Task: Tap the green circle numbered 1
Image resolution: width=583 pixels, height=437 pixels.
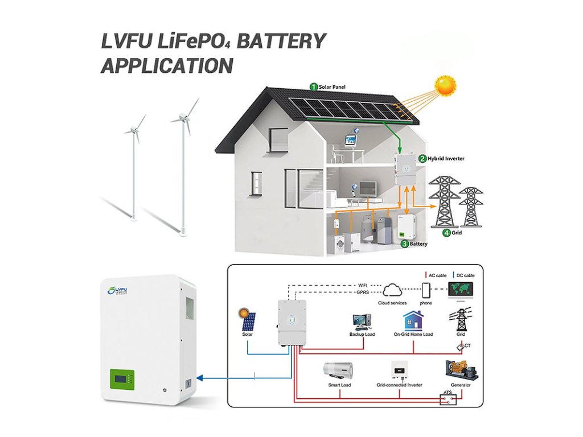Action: [x=313, y=86]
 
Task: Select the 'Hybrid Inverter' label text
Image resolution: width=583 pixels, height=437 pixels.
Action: [x=445, y=158]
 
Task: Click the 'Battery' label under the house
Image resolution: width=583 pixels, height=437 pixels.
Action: [x=418, y=244]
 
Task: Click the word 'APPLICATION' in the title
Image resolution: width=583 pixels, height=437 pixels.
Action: [x=167, y=66]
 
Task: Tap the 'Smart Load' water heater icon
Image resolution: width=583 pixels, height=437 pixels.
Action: [x=338, y=371]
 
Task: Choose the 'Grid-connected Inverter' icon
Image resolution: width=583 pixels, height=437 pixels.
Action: [x=399, y=370]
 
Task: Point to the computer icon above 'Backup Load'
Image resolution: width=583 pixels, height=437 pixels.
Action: [x=362, y=322]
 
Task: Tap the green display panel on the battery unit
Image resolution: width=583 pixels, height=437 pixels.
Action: [x=123, y=380]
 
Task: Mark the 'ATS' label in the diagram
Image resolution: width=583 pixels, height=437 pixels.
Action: [x=447, y=393]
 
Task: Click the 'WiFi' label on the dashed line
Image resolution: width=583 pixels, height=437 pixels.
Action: [x=362, y=285]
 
